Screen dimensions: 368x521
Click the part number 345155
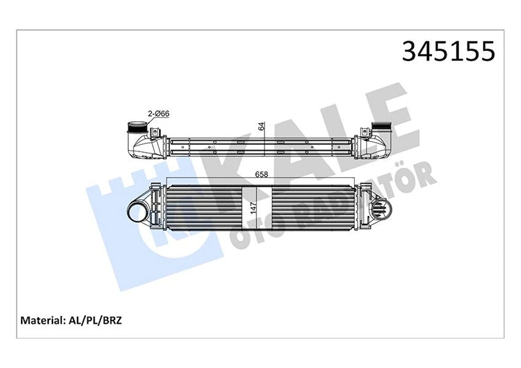448,52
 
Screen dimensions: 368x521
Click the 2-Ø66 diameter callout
159,114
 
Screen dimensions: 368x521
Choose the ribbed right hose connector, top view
382,129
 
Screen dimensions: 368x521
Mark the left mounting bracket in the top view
155,132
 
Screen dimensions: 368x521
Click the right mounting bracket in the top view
364,132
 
